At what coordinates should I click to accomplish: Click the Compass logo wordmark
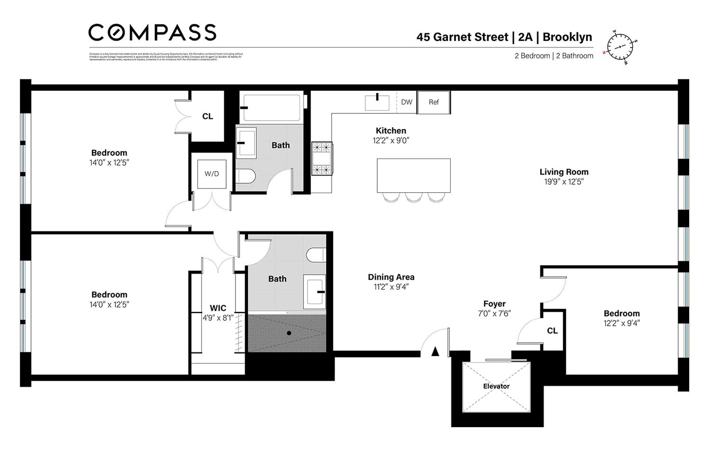click(152, 33)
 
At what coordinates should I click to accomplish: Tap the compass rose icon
click(620, 47)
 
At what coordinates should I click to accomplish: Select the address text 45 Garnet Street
click(462, 37)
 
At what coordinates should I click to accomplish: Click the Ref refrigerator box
click(434, 102)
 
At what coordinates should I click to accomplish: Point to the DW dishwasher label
click(407, 102)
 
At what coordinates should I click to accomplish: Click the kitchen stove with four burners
click(321, 159)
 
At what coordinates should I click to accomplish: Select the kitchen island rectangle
click(413, 175)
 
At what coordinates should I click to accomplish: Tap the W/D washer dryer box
click(211, 174)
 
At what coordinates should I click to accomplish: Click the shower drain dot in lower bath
click(289, 333)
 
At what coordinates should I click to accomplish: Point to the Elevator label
click(496, 386)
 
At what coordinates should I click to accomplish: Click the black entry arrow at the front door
click(435, 352)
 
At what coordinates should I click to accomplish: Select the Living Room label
click(564, 172)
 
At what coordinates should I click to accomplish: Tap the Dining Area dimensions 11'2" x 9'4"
click(391, 287)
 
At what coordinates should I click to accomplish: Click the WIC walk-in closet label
click(218, 308)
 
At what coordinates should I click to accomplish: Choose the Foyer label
click(494, 304)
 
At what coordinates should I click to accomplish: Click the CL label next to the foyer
click(552, 331)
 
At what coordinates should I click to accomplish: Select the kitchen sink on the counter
click(377, 103)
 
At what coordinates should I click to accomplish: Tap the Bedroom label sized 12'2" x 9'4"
click(621, 313)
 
